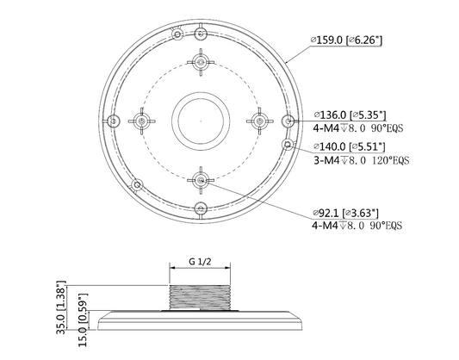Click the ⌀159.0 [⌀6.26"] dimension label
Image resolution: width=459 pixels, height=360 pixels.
[346, 40]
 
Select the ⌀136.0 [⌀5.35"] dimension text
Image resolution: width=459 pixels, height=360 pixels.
[350, 115]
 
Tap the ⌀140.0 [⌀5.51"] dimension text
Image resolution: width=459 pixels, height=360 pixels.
[350, 146]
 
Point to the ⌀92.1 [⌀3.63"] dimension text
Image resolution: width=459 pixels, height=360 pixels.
[345, 213]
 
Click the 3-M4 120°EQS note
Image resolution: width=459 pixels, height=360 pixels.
[361, 160]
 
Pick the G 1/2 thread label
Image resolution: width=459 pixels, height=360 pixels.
[200, 261]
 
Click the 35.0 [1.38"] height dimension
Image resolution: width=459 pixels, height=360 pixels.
[61, 307]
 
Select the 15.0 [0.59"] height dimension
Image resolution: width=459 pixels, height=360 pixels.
[83, 320]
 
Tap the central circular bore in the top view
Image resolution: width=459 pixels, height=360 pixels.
[201, 121]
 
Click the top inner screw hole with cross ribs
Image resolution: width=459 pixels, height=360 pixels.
[201, 62]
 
